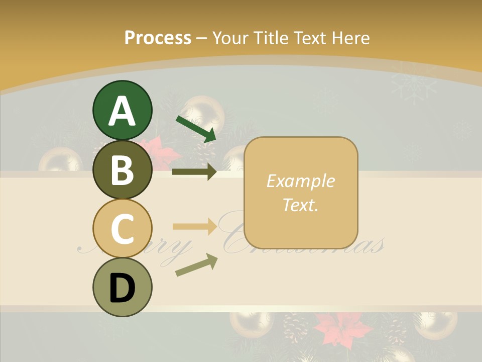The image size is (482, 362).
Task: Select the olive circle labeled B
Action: (122, 169)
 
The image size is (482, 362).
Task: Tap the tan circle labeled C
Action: (122, 228)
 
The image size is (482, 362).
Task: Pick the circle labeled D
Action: (122, 287)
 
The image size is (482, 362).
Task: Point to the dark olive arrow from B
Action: (194, 172)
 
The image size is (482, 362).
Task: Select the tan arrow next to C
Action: (194, 226)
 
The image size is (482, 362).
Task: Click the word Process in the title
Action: (158, 38)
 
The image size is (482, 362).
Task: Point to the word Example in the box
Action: (301, 181)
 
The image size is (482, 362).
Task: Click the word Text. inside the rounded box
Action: (301, 205)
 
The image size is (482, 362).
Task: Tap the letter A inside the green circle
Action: (122, 111)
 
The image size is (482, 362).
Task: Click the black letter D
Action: (122, 289)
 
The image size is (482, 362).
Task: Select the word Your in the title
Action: (230, 38)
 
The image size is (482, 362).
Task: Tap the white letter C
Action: (122, 229)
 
